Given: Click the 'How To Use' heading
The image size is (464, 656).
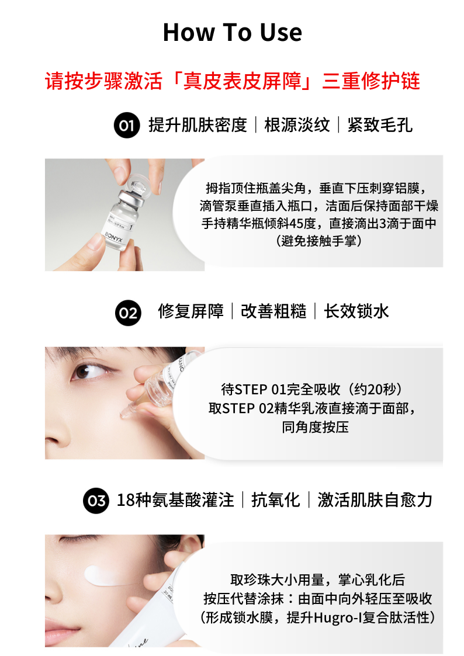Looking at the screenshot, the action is click(232, 32).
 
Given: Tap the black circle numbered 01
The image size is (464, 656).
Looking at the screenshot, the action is click(127, 125).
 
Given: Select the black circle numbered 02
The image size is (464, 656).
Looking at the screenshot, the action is click(128, 313).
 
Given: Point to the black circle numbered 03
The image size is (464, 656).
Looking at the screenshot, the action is click(96, 501).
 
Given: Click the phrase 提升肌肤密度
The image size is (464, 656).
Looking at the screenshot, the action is click(198, 124).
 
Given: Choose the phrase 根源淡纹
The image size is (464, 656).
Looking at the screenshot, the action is click(297, 124).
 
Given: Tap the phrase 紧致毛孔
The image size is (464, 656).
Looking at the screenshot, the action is click(380, 124).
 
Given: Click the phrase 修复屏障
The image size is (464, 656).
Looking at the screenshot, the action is click(191, 311).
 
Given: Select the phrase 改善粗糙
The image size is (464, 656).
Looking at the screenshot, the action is click(273, 311).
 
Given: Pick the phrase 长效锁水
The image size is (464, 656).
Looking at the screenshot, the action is click(356, 311).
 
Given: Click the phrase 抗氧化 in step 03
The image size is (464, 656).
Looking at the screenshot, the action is click(276, 499).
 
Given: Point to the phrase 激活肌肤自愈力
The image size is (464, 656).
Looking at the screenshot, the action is click(375, 499).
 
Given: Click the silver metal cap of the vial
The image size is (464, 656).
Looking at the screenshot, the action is click(131, 197).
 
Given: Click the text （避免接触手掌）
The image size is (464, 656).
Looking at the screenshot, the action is click(319, 241).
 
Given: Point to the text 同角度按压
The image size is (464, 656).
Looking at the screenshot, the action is click(315, 427).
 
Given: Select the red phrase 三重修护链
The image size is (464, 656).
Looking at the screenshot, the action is click(371, 81).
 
